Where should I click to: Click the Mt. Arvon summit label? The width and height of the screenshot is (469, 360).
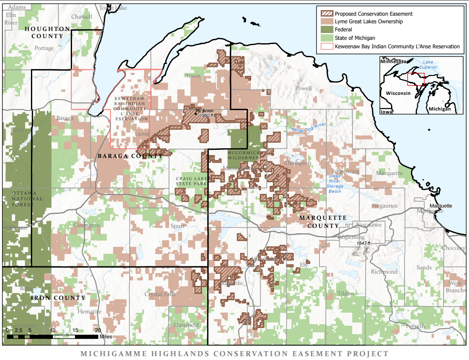coord(205,111)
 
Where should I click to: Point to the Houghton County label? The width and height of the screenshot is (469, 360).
coord(47,32)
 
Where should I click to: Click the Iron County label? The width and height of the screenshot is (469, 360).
coord(58,298)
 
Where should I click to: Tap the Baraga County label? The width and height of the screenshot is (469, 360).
coord(130,156)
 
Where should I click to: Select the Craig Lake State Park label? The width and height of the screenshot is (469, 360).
coord(191,181)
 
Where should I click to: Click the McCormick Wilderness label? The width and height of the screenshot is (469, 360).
coord(244,155)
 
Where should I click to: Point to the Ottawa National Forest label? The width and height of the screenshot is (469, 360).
coord(27,199)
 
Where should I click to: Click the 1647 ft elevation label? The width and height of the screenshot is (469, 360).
coord(363,243)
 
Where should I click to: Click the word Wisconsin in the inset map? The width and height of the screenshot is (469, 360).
coord(398,93)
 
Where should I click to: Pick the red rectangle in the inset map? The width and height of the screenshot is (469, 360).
coord(416,79)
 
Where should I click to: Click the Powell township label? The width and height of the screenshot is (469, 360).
coord(303,89)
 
